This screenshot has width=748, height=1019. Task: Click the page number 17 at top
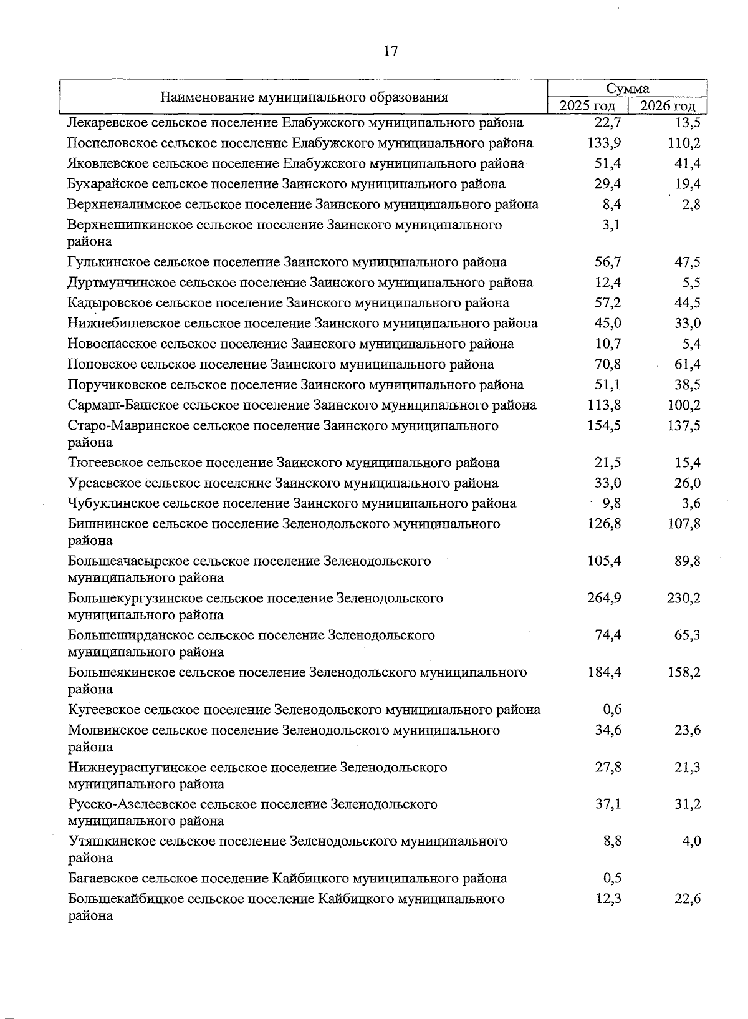pyautogui.click(x=390, y=51)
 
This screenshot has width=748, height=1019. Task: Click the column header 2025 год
pyautogui.click(x=587, y=105)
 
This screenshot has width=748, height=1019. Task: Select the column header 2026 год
pyautogui.click(x=668, y=105)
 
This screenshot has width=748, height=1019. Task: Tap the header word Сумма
pyautogui.click(x=628, y=89)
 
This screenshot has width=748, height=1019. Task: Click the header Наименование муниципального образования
pyautogui.click(x=304, y=97)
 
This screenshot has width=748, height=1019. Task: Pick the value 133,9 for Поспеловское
pyautogui.click(x=604, y=143)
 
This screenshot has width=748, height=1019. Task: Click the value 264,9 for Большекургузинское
pyautogui.click(x=604, y=598)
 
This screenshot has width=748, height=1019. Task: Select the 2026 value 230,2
pyautogui.click(x=684, y=598)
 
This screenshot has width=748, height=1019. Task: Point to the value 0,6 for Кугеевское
pyautogui.click(x=612, y=710)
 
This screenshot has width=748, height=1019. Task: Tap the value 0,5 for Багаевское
pyautogui.click(x=612, y=879)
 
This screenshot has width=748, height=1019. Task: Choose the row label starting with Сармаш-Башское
pyautogui.click(x=302, y=405)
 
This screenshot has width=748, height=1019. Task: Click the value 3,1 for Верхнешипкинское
pyautogui.click(x=611, y=225)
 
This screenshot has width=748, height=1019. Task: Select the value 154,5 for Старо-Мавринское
pyautogui.click(x=604, y=426)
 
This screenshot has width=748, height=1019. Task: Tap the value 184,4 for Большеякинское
pyautogui.click(x=604, y=672)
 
